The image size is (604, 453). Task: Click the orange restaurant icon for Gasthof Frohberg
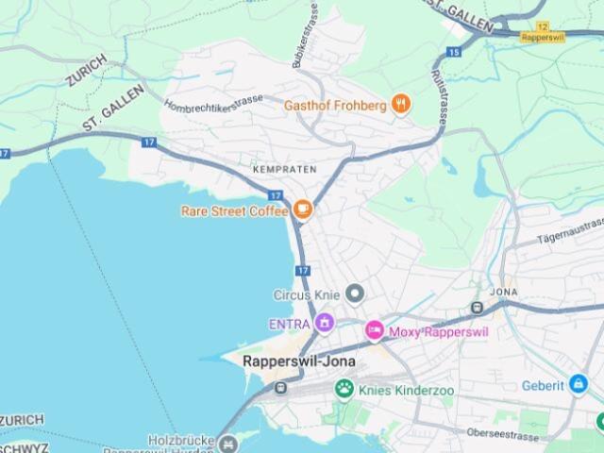tap(401, 105)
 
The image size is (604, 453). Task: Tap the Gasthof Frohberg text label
tap(335, 106)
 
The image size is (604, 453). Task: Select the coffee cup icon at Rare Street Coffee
tap(303, 210)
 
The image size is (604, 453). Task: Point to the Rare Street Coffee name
tap(234, 210)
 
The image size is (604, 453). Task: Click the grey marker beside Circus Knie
tap(355, 294)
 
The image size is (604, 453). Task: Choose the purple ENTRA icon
tap(325, 323)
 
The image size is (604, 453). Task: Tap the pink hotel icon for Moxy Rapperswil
tap(375, 331)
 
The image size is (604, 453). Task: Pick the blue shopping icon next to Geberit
tap(578, 385)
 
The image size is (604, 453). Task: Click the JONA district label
tap(503, 293)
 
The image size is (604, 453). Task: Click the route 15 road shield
tap(454, 52)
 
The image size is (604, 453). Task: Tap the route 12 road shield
tap(542, 28)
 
